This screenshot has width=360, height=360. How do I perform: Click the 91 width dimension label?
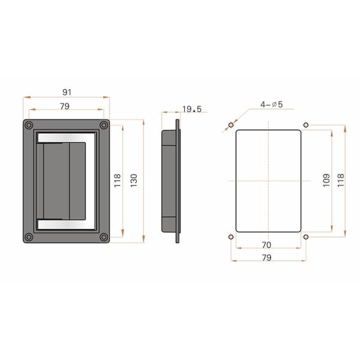pyautogui.click(x=67, y=92)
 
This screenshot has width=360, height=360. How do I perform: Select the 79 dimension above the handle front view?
pyautogui.click(x=65, y=106)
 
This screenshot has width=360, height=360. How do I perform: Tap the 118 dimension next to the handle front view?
pyautogui.click(x=118, y=180)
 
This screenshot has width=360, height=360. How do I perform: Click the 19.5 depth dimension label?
pyautogui.click(x=192, y=109)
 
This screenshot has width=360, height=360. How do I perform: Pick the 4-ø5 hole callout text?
pyautogui.click(x=271, y=104)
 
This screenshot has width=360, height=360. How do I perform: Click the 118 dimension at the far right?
pyautogui.click(x=341, y=180)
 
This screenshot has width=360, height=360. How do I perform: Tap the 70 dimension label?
pyautogui.click(x=267, y=245)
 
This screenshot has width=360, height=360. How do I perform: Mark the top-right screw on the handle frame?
pyautogui.click(x=104, y=125)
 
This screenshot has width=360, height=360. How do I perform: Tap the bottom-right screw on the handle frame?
pyautogui.click(x=104, y=237)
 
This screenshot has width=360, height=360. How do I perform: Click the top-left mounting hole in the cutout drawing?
pyautogui.click(x=231, y=125)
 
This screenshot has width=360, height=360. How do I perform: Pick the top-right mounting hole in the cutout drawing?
pyautogui.click(x=306, y=125)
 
